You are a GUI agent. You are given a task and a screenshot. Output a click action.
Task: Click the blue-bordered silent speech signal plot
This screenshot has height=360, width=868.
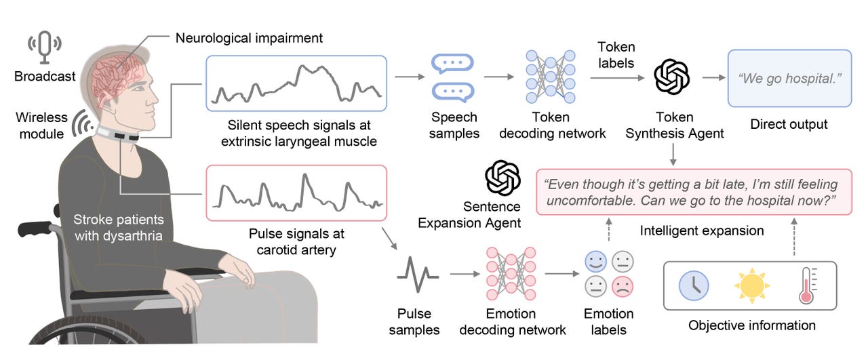point(296,83)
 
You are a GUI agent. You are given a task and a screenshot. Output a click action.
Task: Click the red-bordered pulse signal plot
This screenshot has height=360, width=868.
point(296,193)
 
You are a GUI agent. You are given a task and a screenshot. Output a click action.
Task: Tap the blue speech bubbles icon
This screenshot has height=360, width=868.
point(453,78)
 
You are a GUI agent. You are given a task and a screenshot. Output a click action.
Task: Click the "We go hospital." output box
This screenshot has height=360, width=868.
point(789,79)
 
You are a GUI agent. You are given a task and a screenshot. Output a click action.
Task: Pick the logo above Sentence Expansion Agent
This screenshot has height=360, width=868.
point(502,178)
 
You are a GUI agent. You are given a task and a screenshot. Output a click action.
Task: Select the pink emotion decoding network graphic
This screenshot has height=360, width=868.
point(511,275)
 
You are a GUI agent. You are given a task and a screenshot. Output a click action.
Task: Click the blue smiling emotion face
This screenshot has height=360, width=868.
point(596,261)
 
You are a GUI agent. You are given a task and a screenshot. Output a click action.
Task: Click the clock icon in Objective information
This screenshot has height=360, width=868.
point(694,285)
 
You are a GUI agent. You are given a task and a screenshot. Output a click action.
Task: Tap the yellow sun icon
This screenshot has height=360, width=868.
point(751,285)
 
